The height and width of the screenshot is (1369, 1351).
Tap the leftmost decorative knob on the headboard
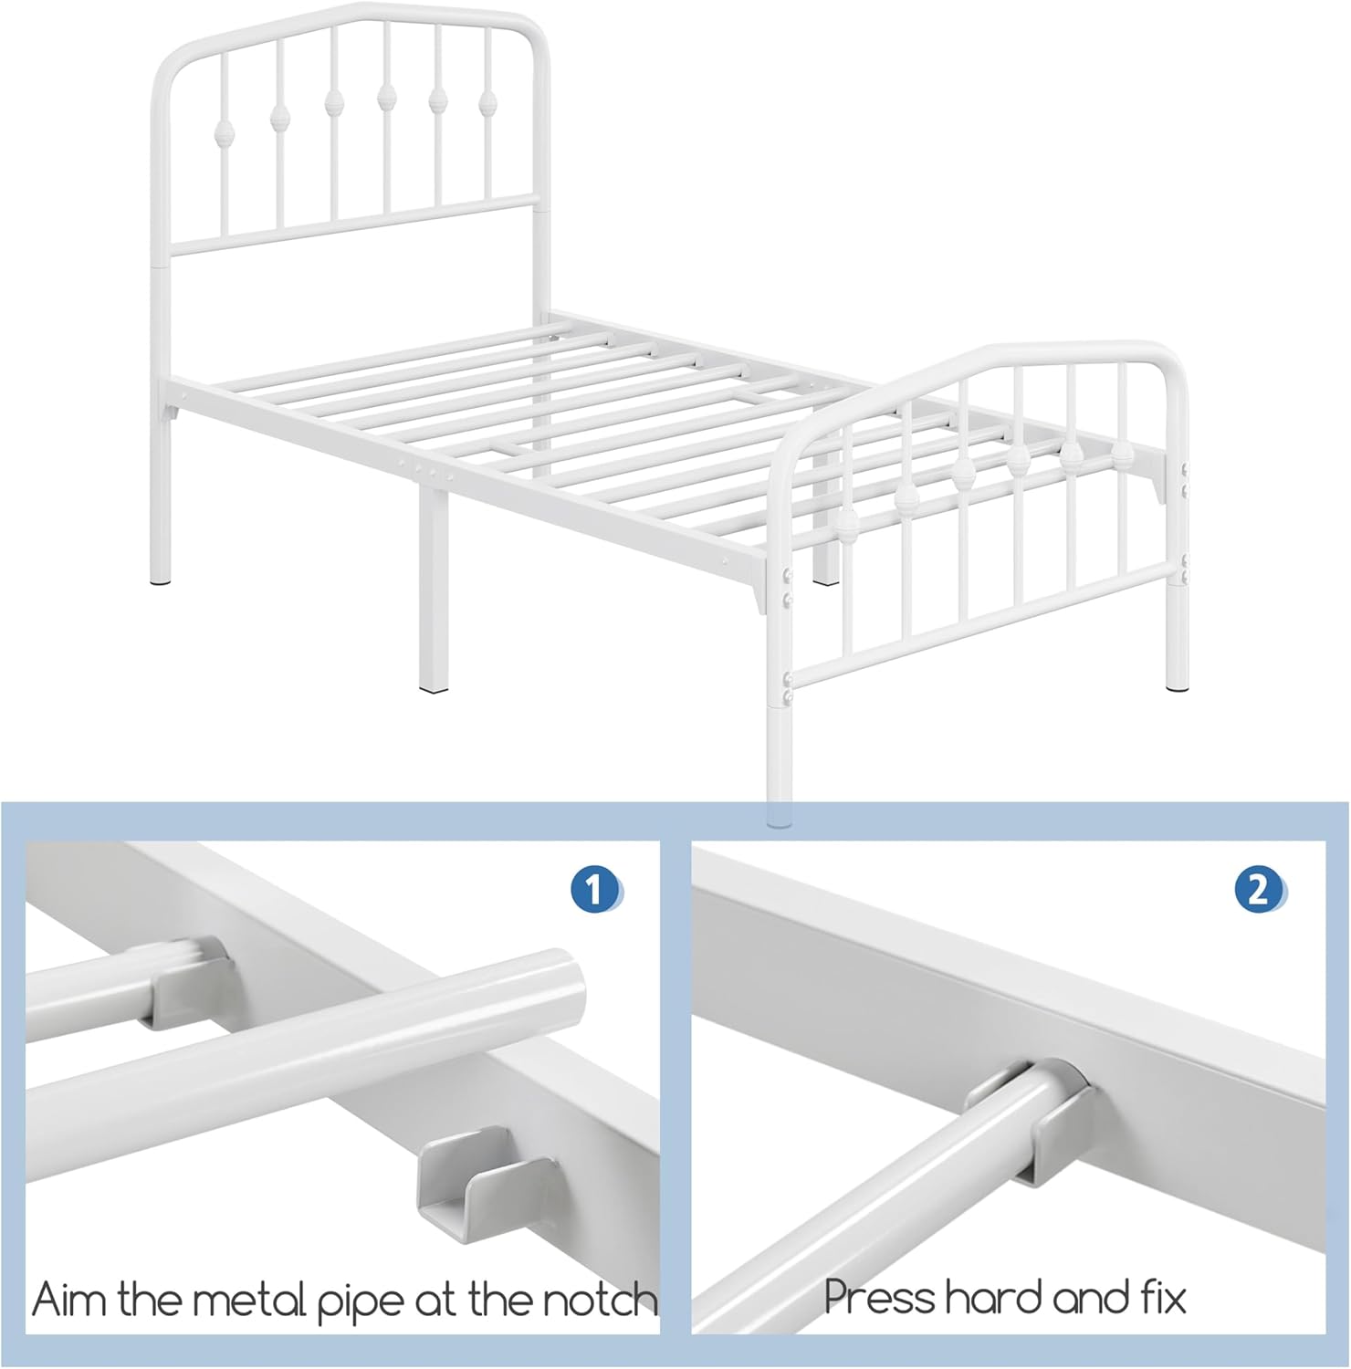[221, 134]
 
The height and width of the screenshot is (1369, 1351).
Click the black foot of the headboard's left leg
[160, 579]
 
